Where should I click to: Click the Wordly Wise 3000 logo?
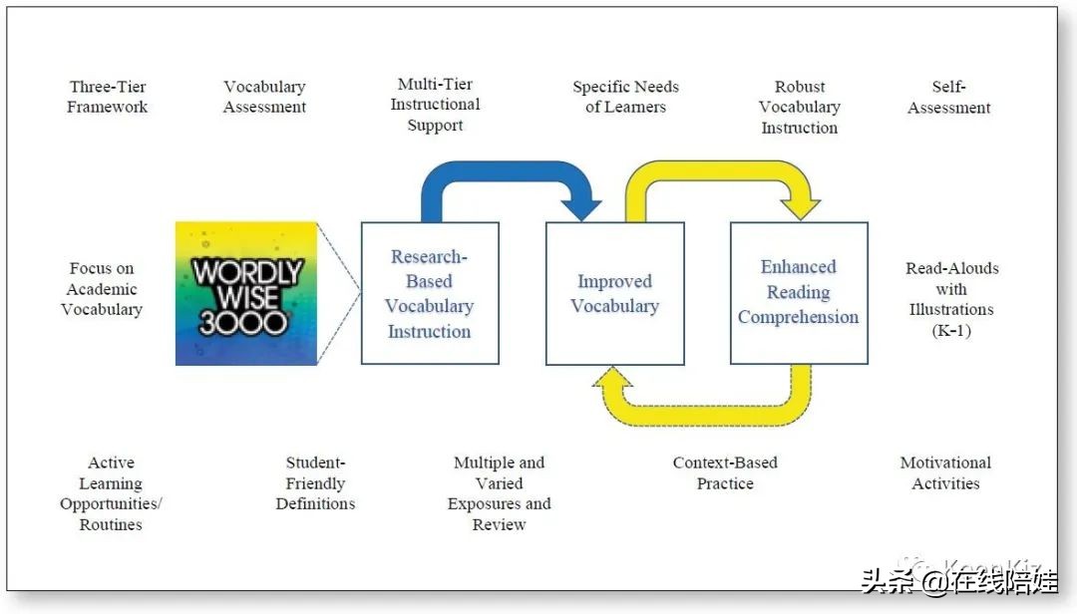247,293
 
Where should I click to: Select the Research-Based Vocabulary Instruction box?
429,293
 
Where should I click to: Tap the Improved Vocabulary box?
614,293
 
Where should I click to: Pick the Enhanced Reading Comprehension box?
798,292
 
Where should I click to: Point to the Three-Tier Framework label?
107,97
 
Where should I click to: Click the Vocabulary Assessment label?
264,97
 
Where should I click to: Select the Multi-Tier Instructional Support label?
435,105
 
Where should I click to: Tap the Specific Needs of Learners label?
625,97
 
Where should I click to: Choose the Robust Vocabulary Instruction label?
799,107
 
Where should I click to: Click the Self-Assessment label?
948,97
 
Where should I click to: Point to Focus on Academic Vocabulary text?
102,289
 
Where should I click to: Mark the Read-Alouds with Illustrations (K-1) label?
951,299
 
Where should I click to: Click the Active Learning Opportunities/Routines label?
111,493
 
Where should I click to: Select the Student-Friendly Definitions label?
315,483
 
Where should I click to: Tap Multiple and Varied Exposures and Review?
499,493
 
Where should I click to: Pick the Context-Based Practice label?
725,472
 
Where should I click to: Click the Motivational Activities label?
945,472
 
